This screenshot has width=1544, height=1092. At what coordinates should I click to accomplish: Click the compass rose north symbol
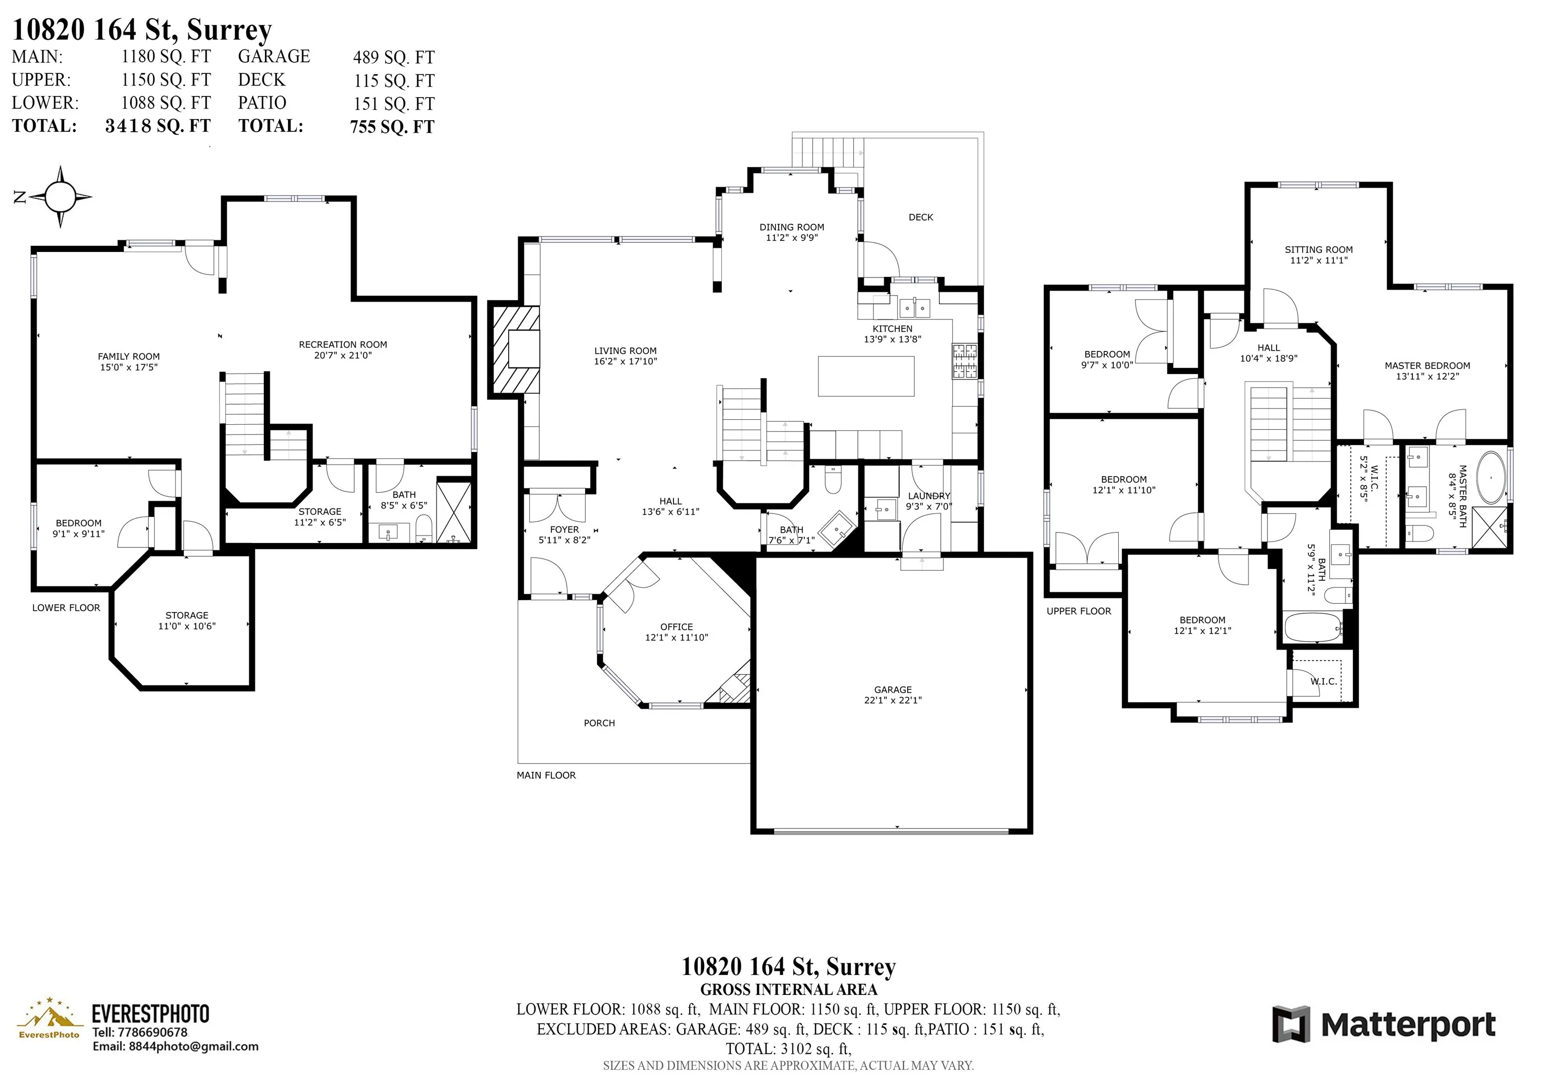60,197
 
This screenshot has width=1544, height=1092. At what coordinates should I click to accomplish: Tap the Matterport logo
1384,1025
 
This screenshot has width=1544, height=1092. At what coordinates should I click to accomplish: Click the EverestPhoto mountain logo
48,1019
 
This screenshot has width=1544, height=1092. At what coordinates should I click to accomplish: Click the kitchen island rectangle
866,376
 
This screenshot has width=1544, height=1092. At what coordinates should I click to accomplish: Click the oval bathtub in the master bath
1491,478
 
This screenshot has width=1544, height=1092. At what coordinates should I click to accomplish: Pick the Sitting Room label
1319,254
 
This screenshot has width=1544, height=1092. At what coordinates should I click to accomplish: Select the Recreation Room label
343,350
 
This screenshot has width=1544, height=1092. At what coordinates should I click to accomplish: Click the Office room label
677,632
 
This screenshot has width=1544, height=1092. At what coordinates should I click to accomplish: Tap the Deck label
921,217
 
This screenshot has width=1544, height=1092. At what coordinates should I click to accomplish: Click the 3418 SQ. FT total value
158,126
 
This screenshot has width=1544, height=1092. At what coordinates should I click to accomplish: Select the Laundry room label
929,501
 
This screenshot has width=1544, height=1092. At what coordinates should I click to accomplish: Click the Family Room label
129,362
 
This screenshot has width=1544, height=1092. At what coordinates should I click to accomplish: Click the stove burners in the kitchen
964,361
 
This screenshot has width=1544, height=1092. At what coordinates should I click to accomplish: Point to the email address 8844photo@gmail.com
175,1046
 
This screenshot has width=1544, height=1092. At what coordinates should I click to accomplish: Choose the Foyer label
564,534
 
